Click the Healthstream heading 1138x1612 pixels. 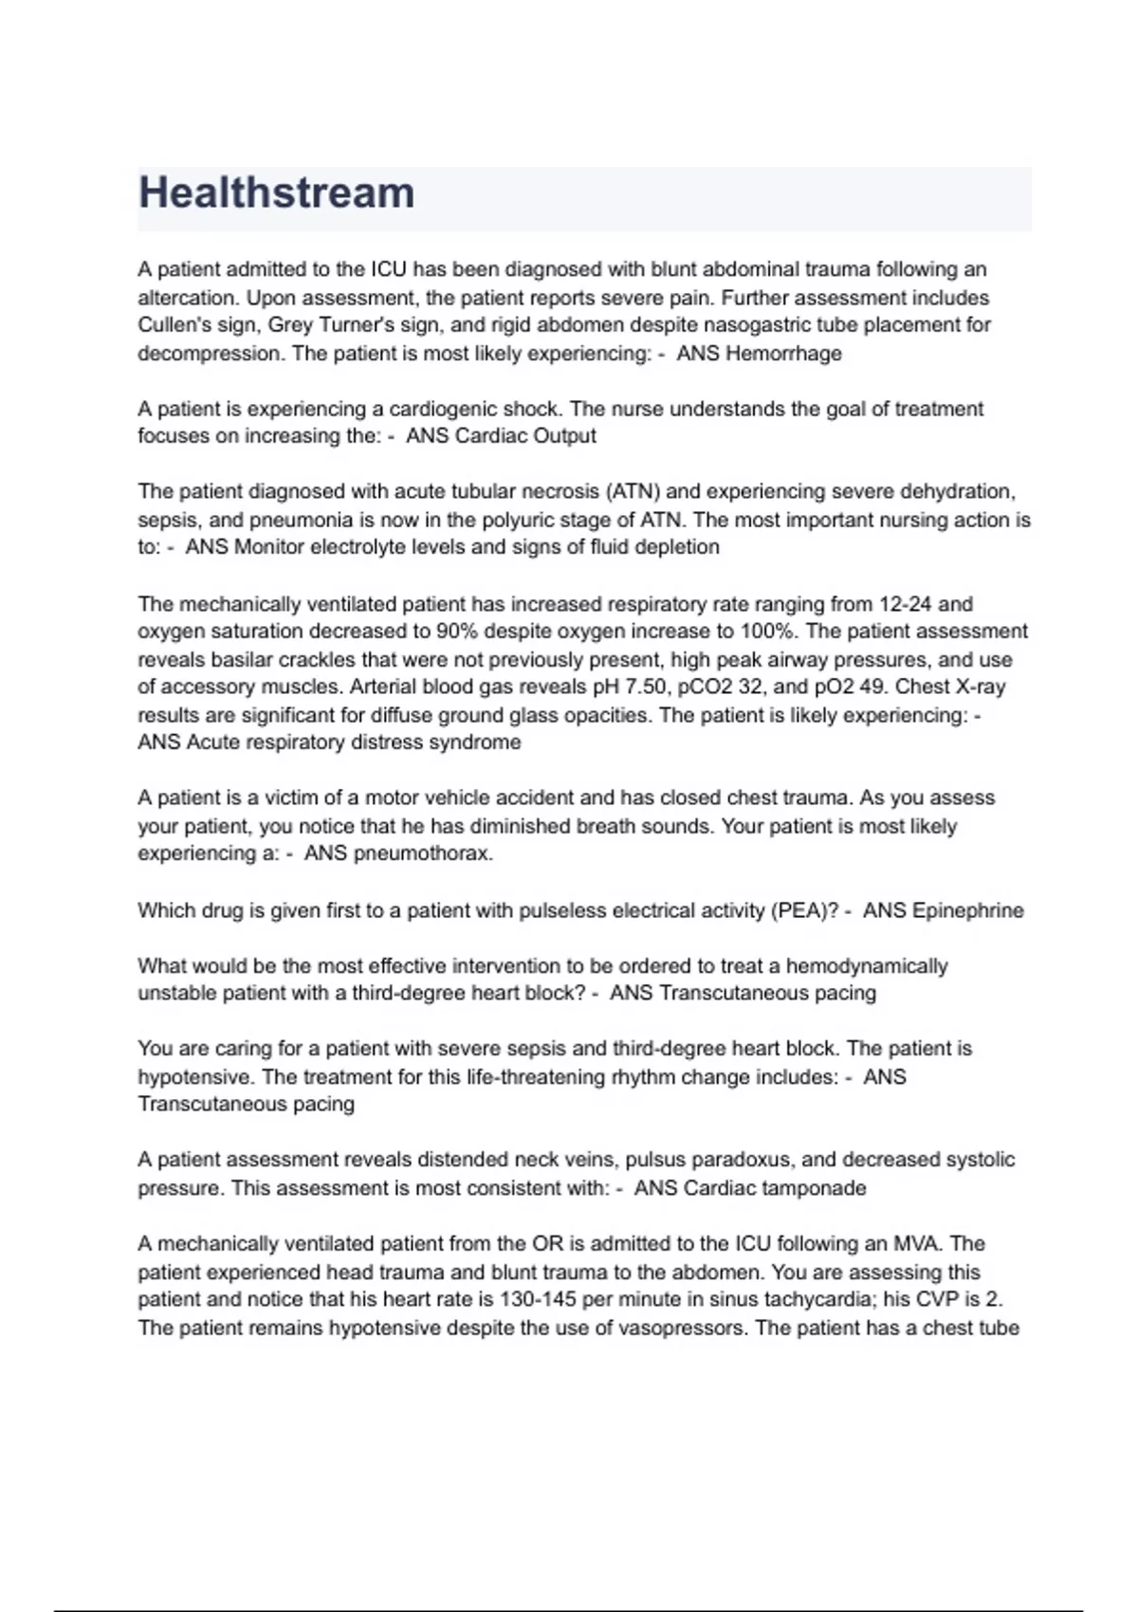276,192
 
